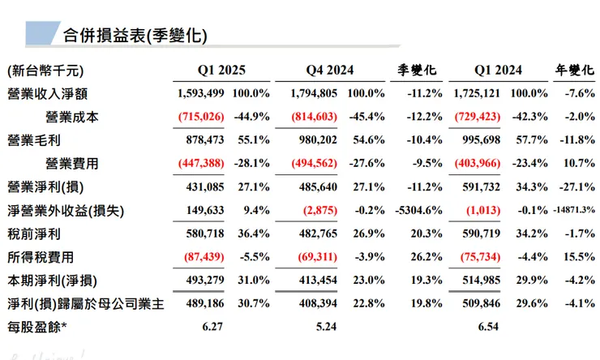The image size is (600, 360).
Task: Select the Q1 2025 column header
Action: [x=221, y=71]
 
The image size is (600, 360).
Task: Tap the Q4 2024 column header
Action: [x=331, y=71]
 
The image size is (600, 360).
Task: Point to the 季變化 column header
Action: [x=420, y=71]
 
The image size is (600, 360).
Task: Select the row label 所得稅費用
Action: [x=40, y=257]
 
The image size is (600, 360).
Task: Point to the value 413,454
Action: [x=315, y=281]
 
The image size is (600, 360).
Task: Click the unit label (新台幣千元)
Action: [x=45, y=71]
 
